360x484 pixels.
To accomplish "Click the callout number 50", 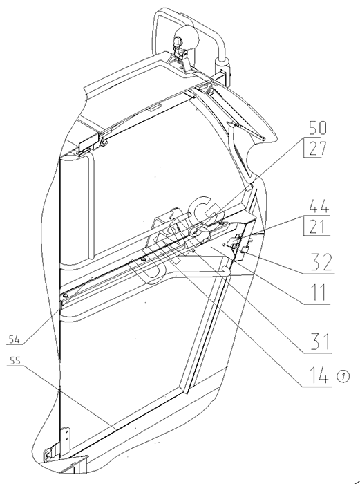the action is [x=317, y=128].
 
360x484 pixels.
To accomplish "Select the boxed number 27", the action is [x=317, y=149].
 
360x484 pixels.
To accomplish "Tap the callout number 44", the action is [x=319, y=206].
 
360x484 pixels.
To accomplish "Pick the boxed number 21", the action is [x=317, y=227].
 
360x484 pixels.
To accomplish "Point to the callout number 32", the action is [x=321, y=262].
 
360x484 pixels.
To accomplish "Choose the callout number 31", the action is [x=321, y=342].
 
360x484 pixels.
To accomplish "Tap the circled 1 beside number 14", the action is [x=344, y=376].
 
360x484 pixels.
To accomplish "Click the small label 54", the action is [x=15, y=340].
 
